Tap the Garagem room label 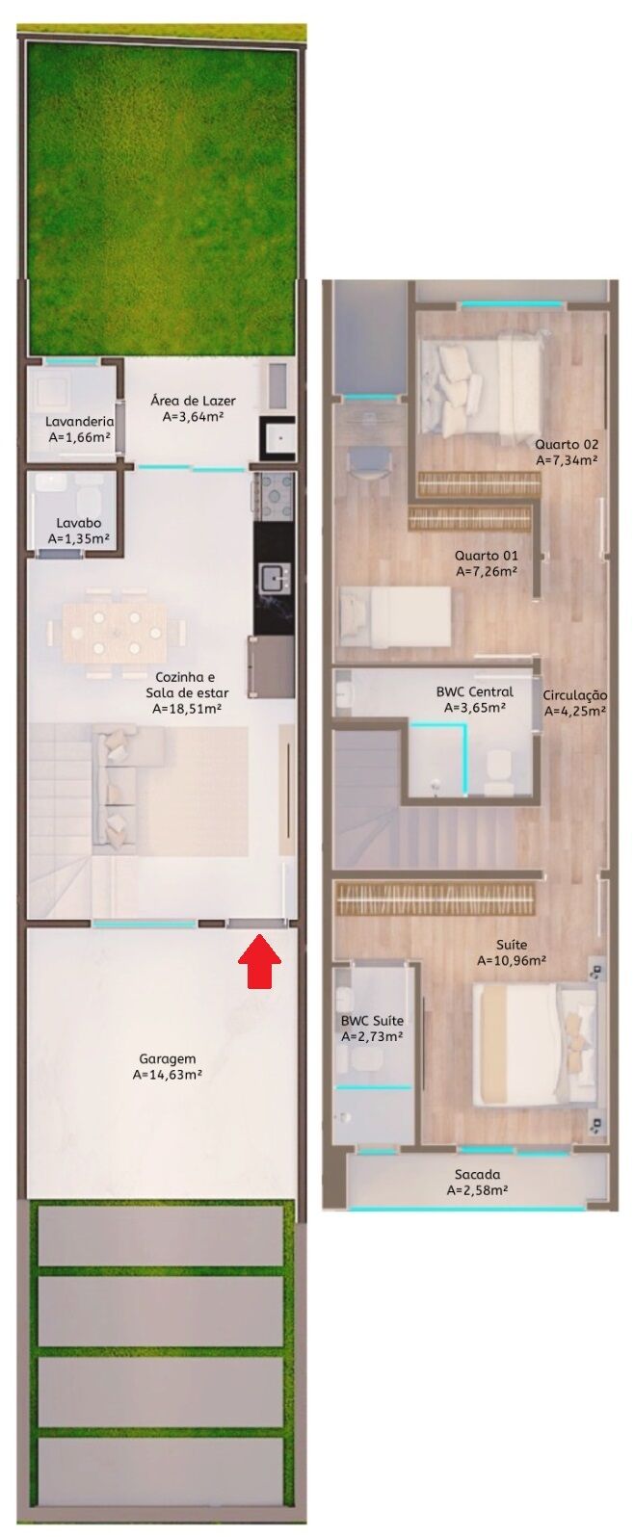(x=167, y=1058)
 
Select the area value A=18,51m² (x=187, y=709)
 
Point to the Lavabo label (x=78, y=523)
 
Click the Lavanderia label (x=79, y=421)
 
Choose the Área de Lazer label (x=193, y=401)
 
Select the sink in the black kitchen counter (x=274, y=579)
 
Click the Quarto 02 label (x=567, y=444)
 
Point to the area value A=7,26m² (x=487, y=571)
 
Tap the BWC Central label (x=475, y=691)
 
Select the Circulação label (x=574, y=695)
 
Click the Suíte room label (x=512, y=945)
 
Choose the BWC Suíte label (x=372, y=1021)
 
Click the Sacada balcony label (x=477, y=1174)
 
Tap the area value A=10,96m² (x=512, y=960)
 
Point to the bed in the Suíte (x=535, y=1044)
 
